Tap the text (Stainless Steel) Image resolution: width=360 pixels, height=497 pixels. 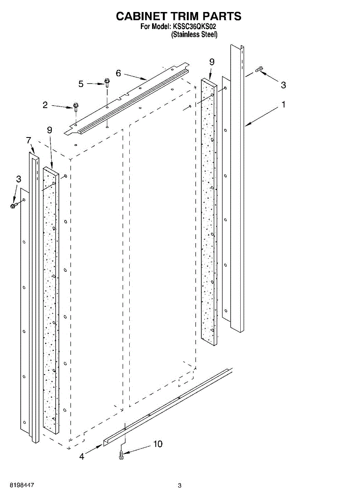194,35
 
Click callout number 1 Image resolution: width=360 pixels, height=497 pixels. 283,105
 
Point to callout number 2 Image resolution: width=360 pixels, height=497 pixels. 45,105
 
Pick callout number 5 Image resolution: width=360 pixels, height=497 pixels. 81,84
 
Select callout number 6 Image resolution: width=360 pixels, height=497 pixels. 118,73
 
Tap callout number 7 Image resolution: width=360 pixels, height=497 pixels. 29,140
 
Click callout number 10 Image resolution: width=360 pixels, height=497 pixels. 157,444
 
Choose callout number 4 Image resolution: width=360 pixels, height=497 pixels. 82,456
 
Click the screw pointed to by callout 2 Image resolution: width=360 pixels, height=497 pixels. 76,107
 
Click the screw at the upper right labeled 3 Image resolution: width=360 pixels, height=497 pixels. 259,70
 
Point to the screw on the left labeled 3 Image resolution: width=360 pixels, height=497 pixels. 14,205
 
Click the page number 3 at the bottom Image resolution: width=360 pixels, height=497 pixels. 179,485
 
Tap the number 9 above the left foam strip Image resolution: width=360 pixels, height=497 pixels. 49,130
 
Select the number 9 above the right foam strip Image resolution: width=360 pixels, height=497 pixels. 212,62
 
